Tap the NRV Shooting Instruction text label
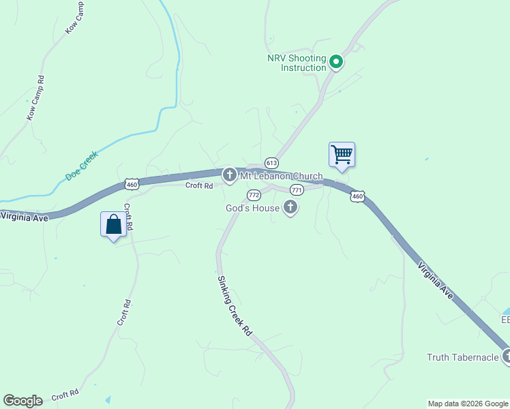(297, 63)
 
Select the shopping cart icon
(342, 154)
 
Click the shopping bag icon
(113, 224)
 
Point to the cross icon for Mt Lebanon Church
(230, 175)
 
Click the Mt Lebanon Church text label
(280, 177)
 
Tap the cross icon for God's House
(290, 207)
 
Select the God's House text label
(253, 207)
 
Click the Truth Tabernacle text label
(463, 357)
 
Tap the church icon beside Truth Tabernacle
(506, 355)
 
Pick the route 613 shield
(271, 163)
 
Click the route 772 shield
(254, 194)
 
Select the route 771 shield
(297, 190)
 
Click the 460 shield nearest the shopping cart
(357, 196)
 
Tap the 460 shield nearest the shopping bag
(132, 184)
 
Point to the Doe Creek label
(82, 165)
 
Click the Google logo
(22, 401)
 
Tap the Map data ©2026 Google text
(468, 404)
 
